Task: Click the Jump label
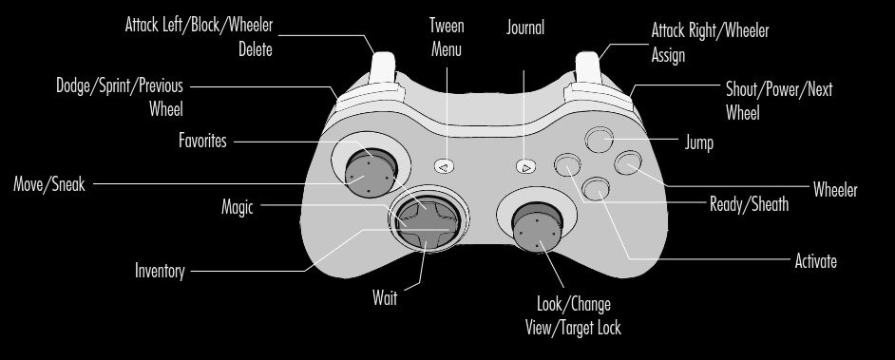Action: click(698, 142)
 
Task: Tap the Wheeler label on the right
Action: click(835, 189)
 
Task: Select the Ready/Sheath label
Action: click(749, 204)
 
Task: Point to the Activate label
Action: click(815, 261)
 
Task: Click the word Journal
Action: click(525, 28)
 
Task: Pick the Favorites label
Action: click(202, 141)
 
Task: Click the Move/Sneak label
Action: click(49, 184)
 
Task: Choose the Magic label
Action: click(237, 206)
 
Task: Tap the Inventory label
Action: click(160, 271)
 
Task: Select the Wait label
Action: click(385, 298)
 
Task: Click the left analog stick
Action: click(371, 173)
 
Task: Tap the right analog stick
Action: click(537, 226)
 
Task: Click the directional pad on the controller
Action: click(427, 222)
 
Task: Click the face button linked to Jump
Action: click(599, 140)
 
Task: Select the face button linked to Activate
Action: click(596, 189)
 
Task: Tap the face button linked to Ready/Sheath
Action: click(567, 165)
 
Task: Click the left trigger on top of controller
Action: click(383, 67)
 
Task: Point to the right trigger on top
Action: click(587, 67)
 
